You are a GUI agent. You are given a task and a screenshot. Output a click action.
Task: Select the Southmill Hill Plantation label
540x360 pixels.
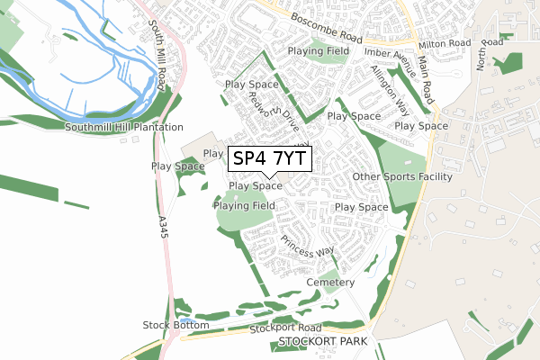coord(124,128)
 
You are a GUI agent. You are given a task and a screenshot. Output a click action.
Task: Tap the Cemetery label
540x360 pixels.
coord(329,283)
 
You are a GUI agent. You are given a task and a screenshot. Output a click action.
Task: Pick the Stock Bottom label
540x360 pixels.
coord(175,325)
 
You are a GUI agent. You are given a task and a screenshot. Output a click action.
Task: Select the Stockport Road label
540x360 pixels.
coord(285,328)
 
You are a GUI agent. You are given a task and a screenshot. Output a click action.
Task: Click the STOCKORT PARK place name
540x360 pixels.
coord(324,343)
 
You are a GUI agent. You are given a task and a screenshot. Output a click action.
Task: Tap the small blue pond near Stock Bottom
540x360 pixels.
coord(184,320)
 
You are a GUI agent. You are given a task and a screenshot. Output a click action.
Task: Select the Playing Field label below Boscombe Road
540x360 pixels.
coord(319,51)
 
